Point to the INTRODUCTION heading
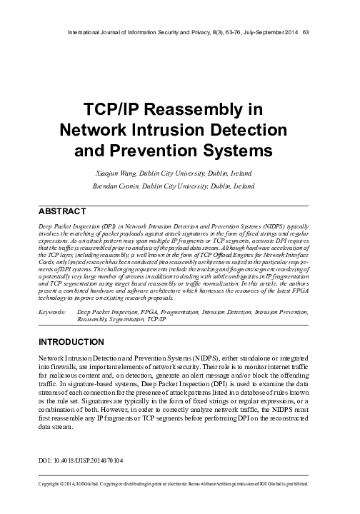pos(71,342)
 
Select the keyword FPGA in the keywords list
pos(151,313)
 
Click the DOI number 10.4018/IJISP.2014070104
pos(88,461)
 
